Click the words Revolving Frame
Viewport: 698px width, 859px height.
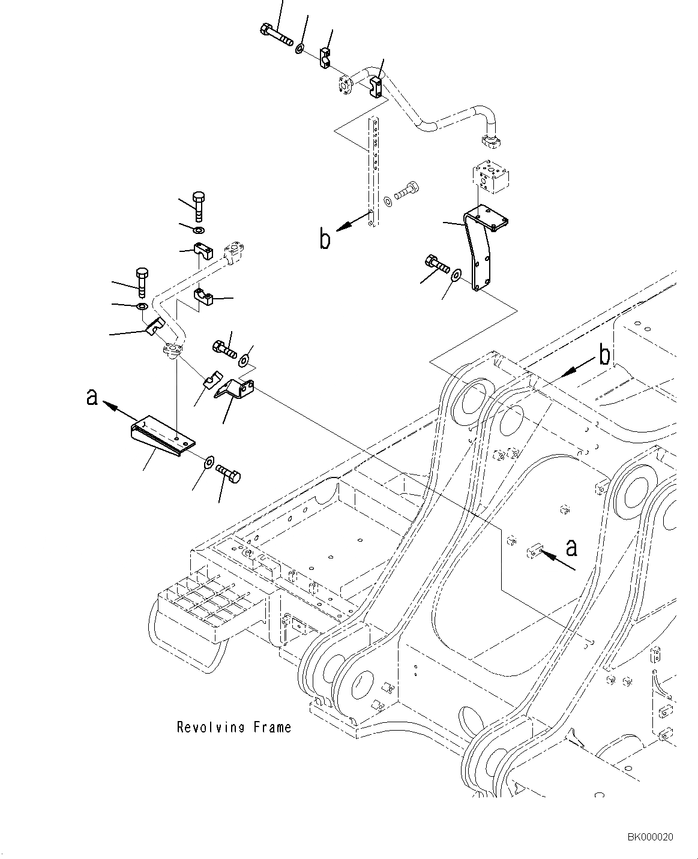click(234, 728)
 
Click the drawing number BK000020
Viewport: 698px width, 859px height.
click(650, 837)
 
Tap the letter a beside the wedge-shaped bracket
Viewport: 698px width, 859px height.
click(92, 397)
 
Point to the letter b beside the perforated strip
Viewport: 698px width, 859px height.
click(325, 239)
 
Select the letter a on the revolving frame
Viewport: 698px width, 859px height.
click(572, 548)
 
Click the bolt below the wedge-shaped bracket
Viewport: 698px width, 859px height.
click(228, 473)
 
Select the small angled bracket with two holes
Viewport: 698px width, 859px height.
click(235, 389)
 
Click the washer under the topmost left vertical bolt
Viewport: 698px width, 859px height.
click(198, 230)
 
